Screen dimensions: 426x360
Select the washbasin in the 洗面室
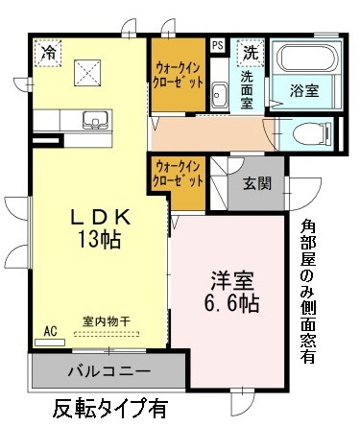[219, 94]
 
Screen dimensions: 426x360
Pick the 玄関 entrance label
[256, 182]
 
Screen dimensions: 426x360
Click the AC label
[51, 331]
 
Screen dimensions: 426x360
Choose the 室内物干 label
[107, 320]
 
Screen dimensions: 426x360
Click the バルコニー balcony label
[108, 369]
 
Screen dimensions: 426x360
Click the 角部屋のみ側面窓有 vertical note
[307, 287]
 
